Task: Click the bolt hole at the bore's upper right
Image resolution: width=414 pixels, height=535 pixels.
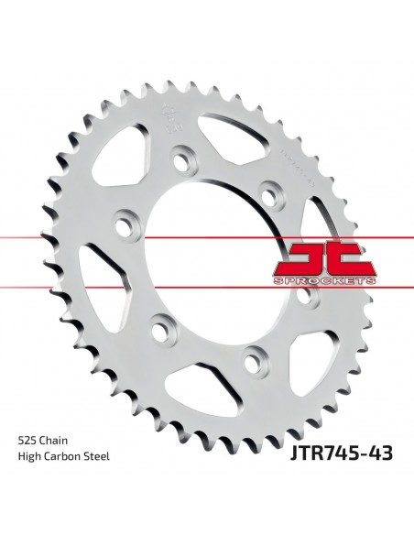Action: point(267,193)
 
